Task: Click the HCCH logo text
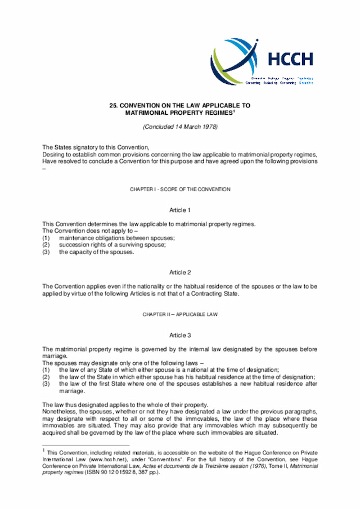click(290, 59)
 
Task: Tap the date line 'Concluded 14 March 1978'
click(180, 126)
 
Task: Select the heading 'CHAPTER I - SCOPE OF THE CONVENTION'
click(180, 190)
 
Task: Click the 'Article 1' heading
click(180, 210)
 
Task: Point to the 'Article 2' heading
click(180, 272)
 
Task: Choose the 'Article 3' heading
click(180, 335)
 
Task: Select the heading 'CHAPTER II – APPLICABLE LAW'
click(180, 313)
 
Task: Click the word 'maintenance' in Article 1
click(76, 237)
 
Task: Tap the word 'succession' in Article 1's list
click(73, 245)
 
